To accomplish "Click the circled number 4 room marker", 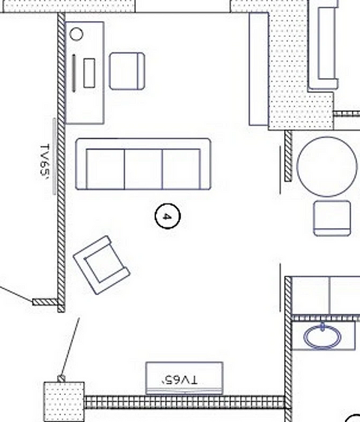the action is pyautogui.click(x=167, y=216).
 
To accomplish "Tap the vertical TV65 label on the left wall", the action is pyautogui.click(x=45, y=160).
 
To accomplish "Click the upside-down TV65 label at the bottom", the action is pyautogui.click(x=179, y=380).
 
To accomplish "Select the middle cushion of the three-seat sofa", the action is pyautogui.click(x=143, y=169).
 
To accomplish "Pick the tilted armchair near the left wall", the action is pyautogui.click(x=102, y=265).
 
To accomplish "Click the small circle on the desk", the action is pyautogui.click(x=76, y=35).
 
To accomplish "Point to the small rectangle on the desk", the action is pyautogui.click(x=89, y=73).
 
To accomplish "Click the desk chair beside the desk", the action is pyautogui.click(x=127, y=71).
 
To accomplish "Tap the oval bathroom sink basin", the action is pyautogui.click(x=322, y=336).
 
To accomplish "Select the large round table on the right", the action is pyautogui.click(x=327, y=167).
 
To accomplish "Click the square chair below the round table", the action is pyautogui.click(x=332, y=218).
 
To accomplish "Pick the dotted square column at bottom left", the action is pyautogui.click(x=64, y=402).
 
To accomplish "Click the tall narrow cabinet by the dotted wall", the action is pyautogui.click(x=258, y=69).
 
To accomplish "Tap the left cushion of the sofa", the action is pyautogui.click(x=106, y=169).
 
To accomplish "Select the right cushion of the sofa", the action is pyautogui.click(x=181, y=169).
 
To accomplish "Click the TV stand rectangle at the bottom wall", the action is pyautogui.click(x=184, y=378).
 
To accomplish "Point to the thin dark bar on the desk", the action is pyautogui.click(x=74, y=73).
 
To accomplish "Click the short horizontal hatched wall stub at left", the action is pyautogui.click(x=45, y=302).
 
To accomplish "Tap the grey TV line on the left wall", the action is pyautogui.click(x=54, y=156).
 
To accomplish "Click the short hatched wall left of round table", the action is pyautogui.click(x=288, y=156).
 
